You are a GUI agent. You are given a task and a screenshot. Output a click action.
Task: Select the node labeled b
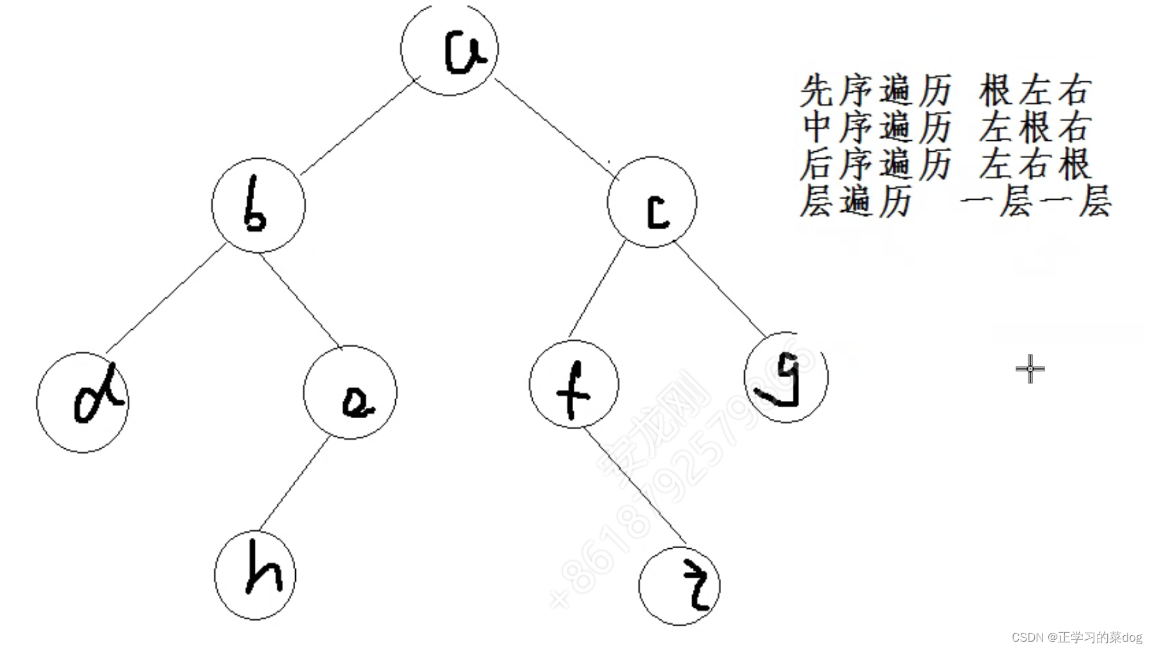[259, 205]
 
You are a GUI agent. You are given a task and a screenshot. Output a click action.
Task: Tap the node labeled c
[652, 202]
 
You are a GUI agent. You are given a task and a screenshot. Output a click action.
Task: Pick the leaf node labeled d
[83, 402]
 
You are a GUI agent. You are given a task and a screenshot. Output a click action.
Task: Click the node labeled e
[350, 392]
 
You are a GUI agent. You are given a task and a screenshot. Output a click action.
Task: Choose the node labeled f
[574, 384]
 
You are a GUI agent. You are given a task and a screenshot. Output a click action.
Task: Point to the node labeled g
[786, 378]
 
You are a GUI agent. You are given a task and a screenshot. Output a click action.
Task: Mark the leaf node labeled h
[255, 575]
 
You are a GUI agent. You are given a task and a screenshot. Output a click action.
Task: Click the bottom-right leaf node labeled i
[679, 586]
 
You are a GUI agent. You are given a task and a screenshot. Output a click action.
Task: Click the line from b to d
[165, 298]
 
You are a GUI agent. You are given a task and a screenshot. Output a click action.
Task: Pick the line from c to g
[720, 290]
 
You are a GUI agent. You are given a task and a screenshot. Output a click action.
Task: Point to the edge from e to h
[293, 484]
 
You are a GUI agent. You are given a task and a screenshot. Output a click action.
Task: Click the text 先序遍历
[875, 91]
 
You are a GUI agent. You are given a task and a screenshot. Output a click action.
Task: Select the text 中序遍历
[875, 127]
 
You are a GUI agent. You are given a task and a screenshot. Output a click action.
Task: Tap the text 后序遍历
[875, 165]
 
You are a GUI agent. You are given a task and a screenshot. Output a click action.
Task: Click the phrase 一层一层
[1036, 202]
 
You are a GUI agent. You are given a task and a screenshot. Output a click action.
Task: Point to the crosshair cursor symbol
[1030, 369]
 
